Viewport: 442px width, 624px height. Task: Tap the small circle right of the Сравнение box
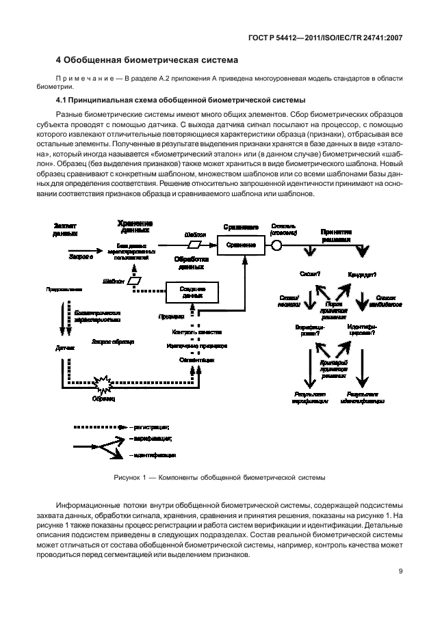click(x=276, y=244)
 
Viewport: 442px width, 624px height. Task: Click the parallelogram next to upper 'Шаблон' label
click(x=195, y=244)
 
